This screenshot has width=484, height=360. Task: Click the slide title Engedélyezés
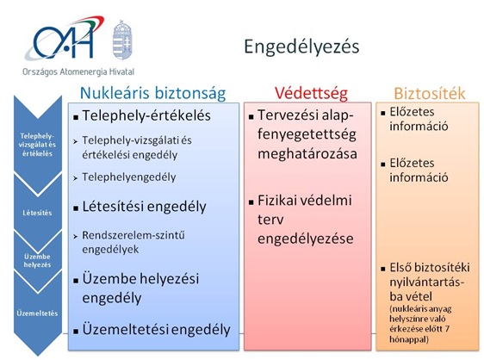tap(301, 47)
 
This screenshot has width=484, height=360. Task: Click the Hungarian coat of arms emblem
tap(122, 40)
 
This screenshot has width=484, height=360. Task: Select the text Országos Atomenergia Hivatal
tap(78, 72)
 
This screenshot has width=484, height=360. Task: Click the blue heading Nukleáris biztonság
tap(152, 93)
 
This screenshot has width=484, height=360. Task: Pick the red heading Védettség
tap(311, 93)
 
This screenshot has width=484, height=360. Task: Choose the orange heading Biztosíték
tap(430, 93)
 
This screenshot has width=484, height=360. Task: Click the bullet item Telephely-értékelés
tap(146, 115)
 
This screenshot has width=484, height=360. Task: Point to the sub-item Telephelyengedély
tap(129, 177)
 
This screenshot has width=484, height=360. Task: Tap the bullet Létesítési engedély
tap(144, 207)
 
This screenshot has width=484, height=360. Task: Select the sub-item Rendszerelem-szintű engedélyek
tap(133, 242)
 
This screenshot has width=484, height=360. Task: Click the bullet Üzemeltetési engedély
tap(156, 330)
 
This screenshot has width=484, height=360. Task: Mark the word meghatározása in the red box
tap(307, 154)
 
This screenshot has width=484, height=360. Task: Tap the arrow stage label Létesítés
tap(37, 213)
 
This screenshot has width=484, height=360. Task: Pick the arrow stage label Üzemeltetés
tap(37, 313)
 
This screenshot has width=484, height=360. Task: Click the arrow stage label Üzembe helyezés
tap(37, 261)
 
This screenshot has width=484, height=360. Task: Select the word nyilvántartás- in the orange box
tap(427, 282)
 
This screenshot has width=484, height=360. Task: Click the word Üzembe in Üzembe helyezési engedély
tap(109, 278)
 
